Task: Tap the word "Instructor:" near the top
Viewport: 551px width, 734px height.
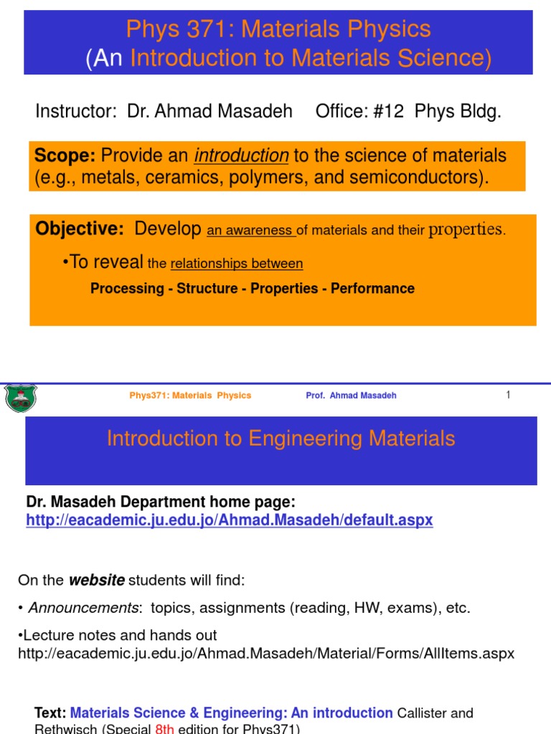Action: pyautogui.click(x=76, y=111)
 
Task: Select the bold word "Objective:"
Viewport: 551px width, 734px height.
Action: pyautogui.click(x=80, y=229)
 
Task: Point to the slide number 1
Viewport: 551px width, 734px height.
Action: pyautogui.click(x=508, y=394)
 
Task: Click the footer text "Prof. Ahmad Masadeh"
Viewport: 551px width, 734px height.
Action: pyautogui.click(x=351, y=396)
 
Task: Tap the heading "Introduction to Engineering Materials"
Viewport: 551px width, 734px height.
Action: pyautogui.click(x=281, y=439)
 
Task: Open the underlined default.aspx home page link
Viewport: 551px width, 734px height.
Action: pyautogui.click(x=230, y=520)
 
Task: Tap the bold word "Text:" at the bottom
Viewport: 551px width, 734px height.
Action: pyautogui.click(x=50, y=713)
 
